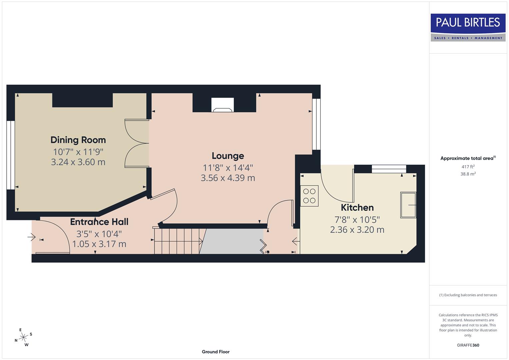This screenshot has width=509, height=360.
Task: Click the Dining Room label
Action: (78, 140)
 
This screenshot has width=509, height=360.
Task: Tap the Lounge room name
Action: (228, 156)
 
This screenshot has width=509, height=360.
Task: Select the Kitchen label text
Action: (357, 207)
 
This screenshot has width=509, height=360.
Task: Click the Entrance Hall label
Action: (99, 222)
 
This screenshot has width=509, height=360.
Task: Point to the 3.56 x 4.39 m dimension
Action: (228, 178)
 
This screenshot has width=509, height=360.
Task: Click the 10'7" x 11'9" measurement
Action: (78, 152)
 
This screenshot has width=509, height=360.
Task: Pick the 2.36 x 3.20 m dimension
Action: (357, 230)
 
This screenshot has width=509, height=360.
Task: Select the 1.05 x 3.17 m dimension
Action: (99, 244)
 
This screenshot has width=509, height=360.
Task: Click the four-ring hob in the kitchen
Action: (309, 196)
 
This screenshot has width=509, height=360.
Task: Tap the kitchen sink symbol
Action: (408, 205)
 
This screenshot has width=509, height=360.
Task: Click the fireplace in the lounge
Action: (223, 105)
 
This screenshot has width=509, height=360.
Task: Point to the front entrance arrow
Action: (32, 237)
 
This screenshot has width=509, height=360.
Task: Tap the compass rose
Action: (23, 337)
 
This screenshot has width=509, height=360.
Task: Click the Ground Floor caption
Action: (215, 352)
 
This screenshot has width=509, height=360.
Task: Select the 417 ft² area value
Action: (468, 167)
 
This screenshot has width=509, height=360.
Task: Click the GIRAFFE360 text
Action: (468, 345)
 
